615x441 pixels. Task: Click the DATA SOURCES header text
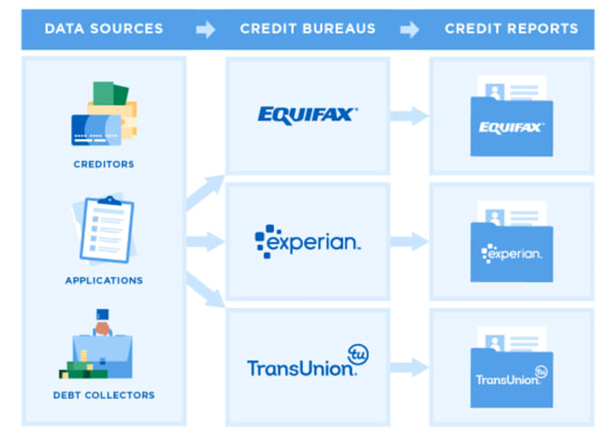(x=104, y=29)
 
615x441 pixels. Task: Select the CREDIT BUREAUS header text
(x=307, y=29)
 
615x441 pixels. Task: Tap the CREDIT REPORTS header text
(x=511, y=29)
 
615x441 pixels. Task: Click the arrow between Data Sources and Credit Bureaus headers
(x=206, y=30)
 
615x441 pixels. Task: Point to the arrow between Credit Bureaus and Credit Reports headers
(x=410, y=30)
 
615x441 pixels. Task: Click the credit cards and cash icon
(x=104, y=115)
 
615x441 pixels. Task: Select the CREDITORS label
(x=104, y=164)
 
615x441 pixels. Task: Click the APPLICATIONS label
(x=104, y=280)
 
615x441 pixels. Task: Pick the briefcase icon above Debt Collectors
(x=102, y=349)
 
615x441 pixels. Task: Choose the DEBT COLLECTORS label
(x=104, y=395)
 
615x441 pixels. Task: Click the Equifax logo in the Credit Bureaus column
(x=307, y=114)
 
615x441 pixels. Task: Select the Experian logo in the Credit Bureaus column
(x=307, y=240)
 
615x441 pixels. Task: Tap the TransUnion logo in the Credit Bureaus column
(x=307, y=361)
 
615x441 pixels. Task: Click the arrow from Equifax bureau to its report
(x=410, y=115)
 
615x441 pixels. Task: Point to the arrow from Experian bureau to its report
(x=410, y=241)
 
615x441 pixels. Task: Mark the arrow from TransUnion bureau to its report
(x=410, y=367)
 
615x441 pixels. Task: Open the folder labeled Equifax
(x=511, y=122)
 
